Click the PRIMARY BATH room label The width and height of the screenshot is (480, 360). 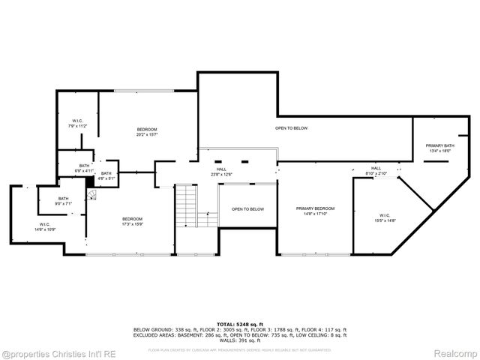(x=440, y=145)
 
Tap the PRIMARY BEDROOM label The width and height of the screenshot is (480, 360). (x=315, y=208)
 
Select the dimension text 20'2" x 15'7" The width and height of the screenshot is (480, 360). (x=147, y=135)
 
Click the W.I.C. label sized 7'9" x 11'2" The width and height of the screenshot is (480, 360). (x=78, y=121)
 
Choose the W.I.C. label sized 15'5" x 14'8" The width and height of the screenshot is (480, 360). (x=385, y=215)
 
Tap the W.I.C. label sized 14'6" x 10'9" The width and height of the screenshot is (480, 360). (x=46, y=224)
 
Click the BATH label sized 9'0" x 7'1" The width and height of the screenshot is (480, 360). (x=63, y=199)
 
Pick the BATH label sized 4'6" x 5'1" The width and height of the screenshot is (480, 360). (x=106, y=174)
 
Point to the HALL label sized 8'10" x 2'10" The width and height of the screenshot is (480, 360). (x=376, y=168)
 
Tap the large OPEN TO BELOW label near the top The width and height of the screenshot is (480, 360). (x=291, y=128)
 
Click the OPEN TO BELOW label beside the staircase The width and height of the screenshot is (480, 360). (x=247, y=208)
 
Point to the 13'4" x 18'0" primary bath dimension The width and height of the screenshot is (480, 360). (x=440, y=151)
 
